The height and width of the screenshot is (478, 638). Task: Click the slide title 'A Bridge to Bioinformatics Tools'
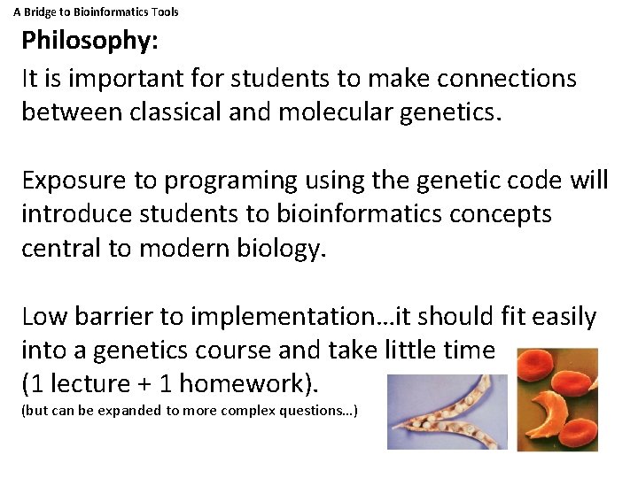[x=96, y=12]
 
